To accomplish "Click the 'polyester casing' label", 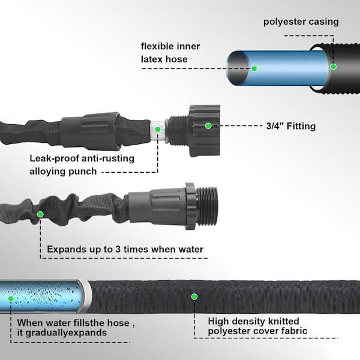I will tap(301, 22).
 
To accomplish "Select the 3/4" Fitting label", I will tap(290, 126).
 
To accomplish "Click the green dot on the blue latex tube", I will tap(254, 68).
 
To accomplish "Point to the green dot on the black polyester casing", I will tap(333, 67).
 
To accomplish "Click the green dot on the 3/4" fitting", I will tap(208, 126).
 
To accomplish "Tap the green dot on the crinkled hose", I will tap(40, 214).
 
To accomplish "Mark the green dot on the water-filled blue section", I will tap(13, 296).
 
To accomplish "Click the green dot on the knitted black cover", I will tap(194, 296).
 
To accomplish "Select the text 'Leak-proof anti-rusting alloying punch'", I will tap(82, 164).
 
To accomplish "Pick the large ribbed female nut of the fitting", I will tap(204, 130).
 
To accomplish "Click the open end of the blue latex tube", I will tap(235, 66).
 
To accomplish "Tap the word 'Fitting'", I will tap(301, 126).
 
